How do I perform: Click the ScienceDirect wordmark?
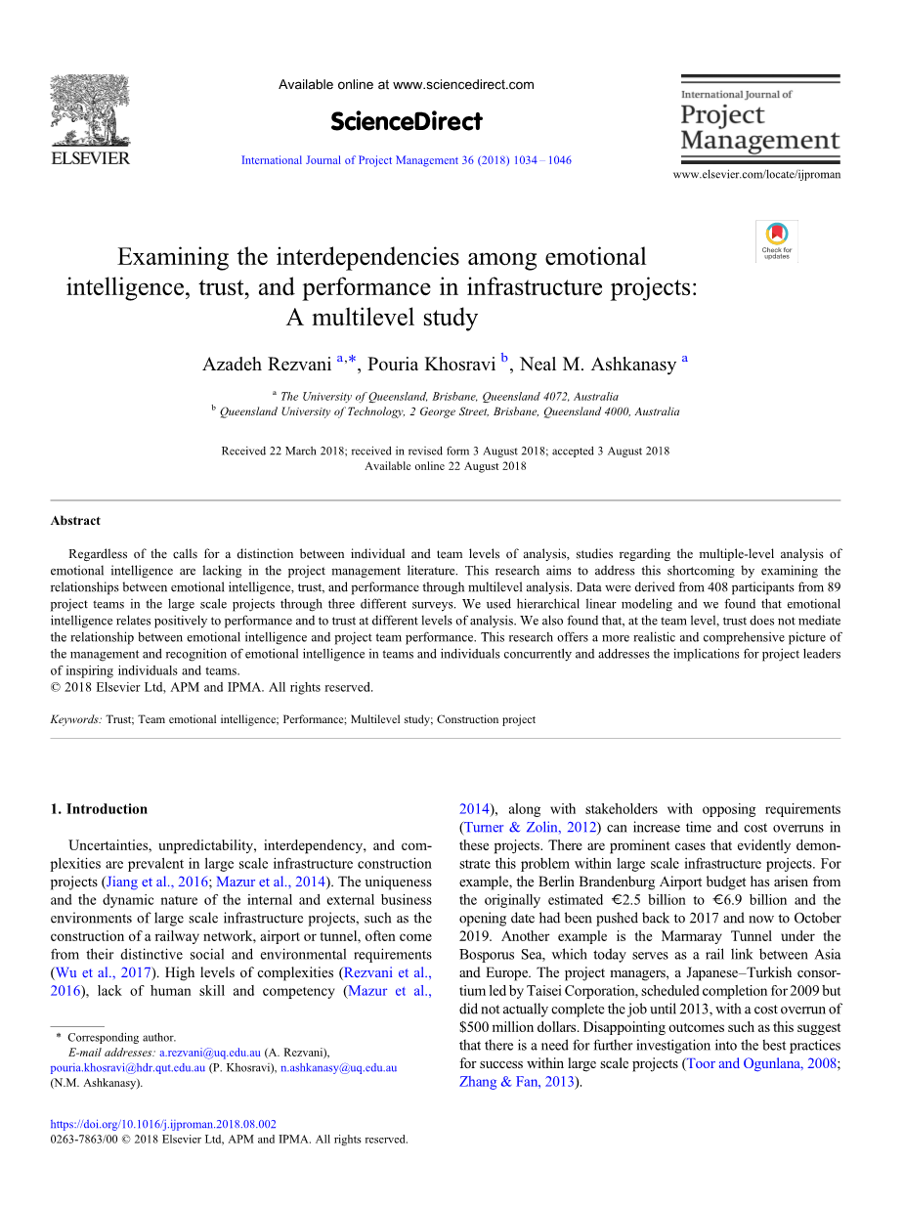pos(406,121)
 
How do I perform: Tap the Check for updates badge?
pos(777,239)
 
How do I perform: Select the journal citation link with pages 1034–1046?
pos(406,160)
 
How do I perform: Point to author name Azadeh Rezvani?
pos(267,365)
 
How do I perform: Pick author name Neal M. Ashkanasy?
pos(597,365)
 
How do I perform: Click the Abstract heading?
pos(75,521)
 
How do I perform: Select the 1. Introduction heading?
pos(99,809)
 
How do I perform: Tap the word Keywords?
pos(75,719)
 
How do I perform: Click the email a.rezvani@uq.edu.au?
pos(209,1053)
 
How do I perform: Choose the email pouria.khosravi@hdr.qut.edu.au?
pos(127,1068)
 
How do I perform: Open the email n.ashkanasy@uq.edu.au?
pos(338,1068)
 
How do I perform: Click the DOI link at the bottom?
pos(163,1124)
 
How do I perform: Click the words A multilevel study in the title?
pos(381,318)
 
